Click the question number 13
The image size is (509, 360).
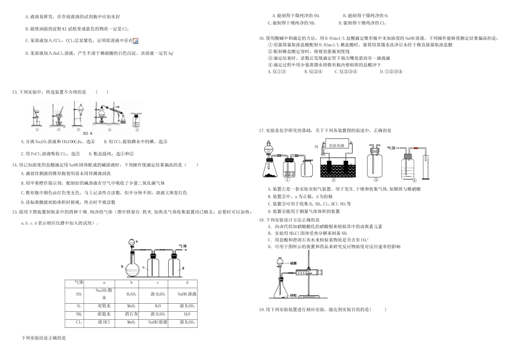[14, 92]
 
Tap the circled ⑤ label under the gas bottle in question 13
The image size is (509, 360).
[136, 129]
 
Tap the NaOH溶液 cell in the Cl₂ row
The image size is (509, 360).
[158, 322]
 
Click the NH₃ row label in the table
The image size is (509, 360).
[79, 314]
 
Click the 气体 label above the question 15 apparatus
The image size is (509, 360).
[182, 246]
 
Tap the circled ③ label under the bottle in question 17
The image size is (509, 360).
[376, 181]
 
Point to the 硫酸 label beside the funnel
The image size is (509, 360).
[293, 264]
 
